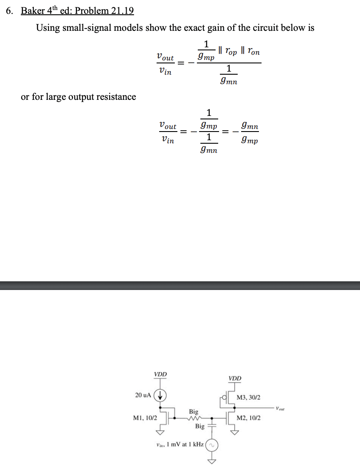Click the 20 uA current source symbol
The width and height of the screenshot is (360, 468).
tap(160, 395)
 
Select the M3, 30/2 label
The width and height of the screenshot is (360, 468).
tap(249, 397)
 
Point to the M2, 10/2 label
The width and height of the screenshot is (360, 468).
tap(249, 418)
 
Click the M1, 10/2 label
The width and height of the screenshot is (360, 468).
tap(145, 418)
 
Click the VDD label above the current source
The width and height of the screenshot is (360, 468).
tap(160, 374)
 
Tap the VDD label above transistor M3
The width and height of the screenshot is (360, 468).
tap(235, 378)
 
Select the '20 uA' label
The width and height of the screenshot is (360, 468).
tap(143, 395)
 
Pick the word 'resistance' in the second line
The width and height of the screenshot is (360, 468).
tap(114, 96)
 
